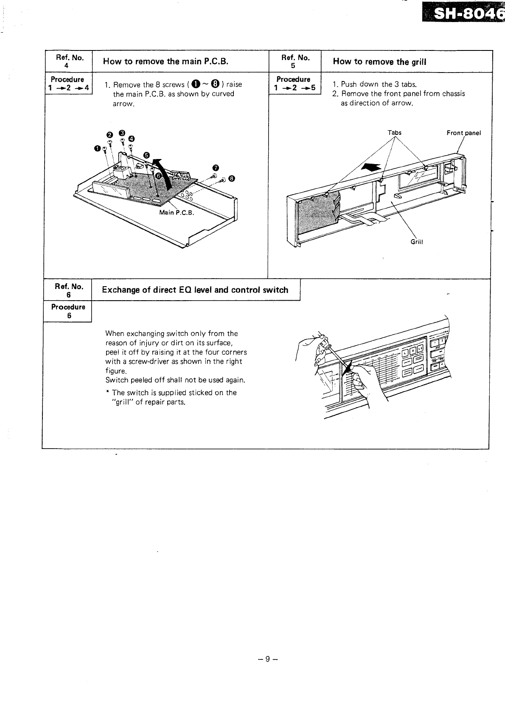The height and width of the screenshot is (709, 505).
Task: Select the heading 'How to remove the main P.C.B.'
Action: click(166, 61)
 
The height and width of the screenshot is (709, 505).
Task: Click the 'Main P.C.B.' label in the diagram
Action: click(176, 212)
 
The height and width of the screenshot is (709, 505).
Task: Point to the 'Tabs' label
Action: click(394, 133)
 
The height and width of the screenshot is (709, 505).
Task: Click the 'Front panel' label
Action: click(463, 133)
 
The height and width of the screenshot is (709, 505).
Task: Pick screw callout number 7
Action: click(215, 166)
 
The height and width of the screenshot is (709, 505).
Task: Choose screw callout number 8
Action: click(231, 179)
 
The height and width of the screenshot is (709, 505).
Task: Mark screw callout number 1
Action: click(97, 148)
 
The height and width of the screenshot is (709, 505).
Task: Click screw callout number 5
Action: click(146, 154)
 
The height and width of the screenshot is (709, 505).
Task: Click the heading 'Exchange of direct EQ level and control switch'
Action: click(195, 290)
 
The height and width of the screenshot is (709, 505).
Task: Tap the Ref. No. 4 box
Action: click(68, 61)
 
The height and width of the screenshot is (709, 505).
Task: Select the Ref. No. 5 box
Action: click(295, 61)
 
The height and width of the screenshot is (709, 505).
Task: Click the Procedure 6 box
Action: click(68, 311)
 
